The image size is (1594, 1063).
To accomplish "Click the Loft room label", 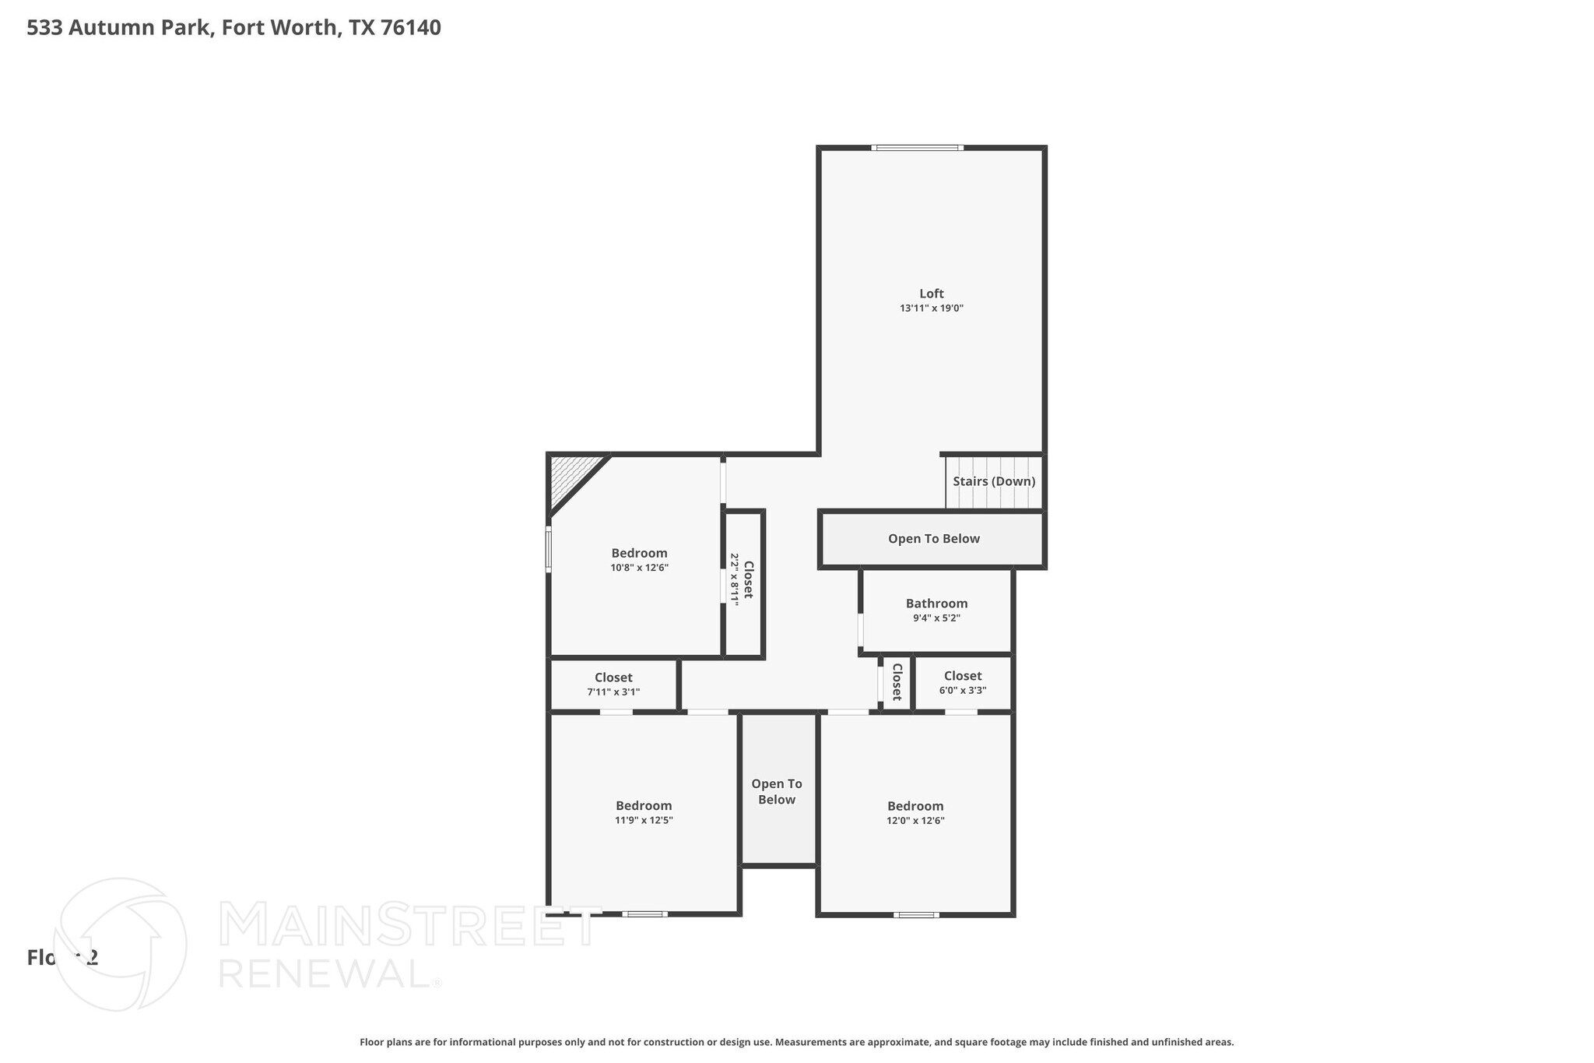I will pos(931,294).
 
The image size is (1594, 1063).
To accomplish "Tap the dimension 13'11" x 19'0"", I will pos(931,308).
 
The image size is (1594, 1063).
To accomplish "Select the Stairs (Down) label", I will pos(994,481).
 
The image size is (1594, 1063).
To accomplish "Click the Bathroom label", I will pos(936,604).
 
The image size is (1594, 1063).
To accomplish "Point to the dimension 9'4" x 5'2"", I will pos(936,618).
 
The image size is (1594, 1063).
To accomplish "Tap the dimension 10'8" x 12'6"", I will pos(639,568).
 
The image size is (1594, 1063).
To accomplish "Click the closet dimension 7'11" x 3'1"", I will pos(613,692).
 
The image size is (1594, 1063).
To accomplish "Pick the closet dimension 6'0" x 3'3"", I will pos(963,690).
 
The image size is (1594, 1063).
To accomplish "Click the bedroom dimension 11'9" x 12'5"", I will pos(644,820).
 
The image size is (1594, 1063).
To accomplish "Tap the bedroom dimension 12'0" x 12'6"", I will pos(915,820).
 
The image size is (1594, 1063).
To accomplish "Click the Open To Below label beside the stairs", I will pos(933,539).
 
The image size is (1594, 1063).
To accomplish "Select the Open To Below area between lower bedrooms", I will pos(777,791).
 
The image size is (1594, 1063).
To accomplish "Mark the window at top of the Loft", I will pos(917,147).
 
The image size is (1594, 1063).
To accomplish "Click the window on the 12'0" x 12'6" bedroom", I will pos(916,915).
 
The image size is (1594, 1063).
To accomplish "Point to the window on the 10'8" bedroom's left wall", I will pos(548,549).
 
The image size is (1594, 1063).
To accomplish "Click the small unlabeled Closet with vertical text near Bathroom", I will pos(897,682).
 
